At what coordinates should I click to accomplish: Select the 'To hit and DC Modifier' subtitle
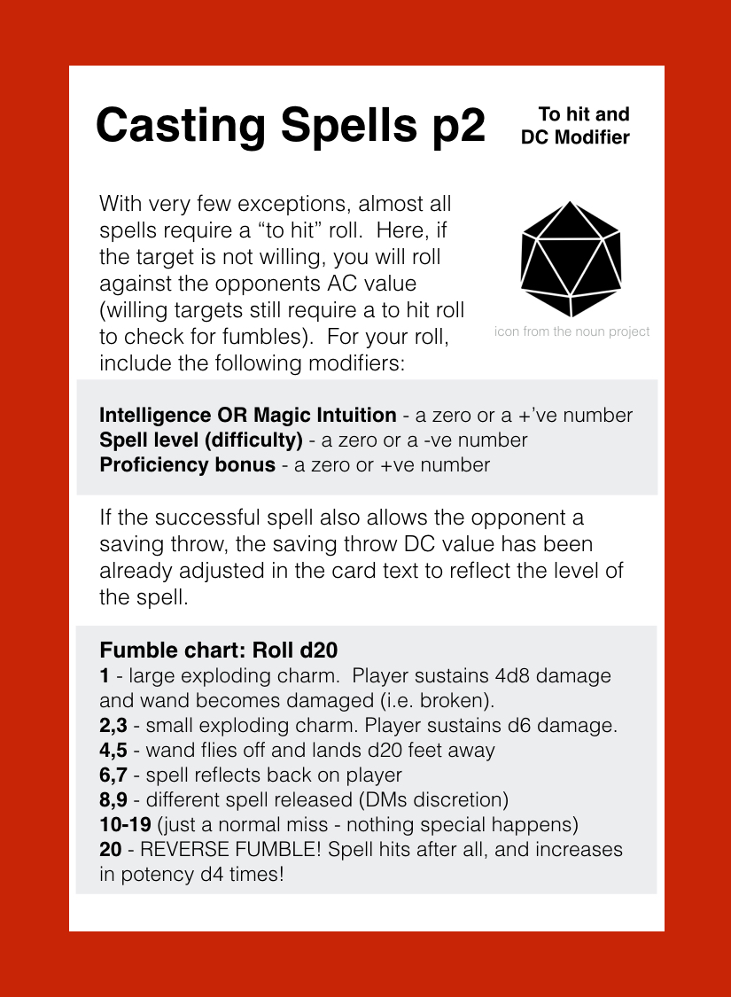575,126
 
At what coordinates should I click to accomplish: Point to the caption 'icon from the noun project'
572,331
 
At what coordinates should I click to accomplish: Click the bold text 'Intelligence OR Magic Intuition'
248,415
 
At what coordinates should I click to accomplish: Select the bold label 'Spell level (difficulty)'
200,440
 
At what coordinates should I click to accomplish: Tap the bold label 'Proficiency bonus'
187,464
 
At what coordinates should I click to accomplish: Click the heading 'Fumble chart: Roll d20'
219,649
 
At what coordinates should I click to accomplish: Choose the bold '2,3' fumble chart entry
113,725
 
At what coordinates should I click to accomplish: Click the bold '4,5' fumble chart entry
113,750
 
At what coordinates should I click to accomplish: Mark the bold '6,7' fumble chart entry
113,775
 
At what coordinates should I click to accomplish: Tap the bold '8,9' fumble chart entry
113,799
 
